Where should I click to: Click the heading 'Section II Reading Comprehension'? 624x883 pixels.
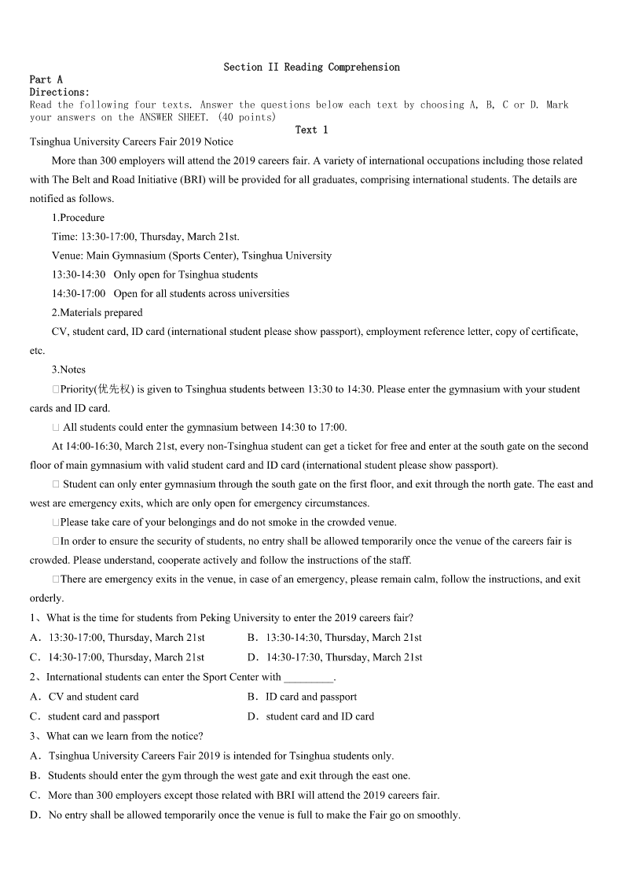[x=311, y=68]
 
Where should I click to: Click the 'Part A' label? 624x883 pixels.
[x=46, y=79]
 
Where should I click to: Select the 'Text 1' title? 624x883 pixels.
[x=311, y=130]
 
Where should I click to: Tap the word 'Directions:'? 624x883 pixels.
[x=59, y=92]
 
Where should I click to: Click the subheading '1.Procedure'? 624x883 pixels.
[x=78, y=218]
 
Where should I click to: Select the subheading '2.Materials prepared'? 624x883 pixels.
[x=97, y=312]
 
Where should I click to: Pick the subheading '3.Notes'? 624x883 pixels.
[x=68, y=370]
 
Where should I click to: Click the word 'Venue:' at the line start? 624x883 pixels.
[x=67, y=256]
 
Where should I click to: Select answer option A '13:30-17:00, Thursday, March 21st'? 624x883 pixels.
[x=126, y=638]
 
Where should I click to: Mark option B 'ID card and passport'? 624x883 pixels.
[x=310, y=697]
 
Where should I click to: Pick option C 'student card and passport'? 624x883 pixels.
[x=103, y=716]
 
